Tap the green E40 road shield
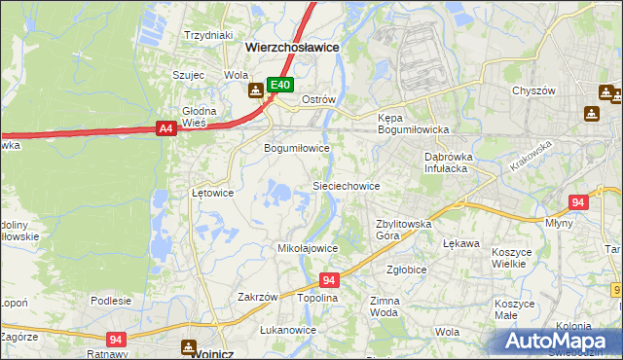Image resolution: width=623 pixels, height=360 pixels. [x=280, y=86]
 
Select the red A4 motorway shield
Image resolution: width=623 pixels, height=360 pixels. [x=165, y=127]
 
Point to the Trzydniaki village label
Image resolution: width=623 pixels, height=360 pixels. [x=207, y=35]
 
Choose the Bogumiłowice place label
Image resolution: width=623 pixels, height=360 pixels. [x=297, y=148]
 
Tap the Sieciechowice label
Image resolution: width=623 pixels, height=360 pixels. [x=345, y=185]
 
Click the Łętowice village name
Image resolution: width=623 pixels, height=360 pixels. [x=212, y=193]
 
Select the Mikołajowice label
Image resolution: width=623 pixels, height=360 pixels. [x=308, y=248]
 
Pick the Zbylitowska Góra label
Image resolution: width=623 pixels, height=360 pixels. [x=403, y=230]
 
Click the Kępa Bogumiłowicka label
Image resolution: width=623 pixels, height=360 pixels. [x=412, y=123]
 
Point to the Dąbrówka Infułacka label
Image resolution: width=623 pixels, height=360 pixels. [x=447, y=162]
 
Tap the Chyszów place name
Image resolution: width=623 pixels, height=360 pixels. [x=532, y=90]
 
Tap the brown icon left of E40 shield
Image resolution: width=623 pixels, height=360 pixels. [x=255, y=90]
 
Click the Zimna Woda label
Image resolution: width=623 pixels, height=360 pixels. [x=385, y=307]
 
